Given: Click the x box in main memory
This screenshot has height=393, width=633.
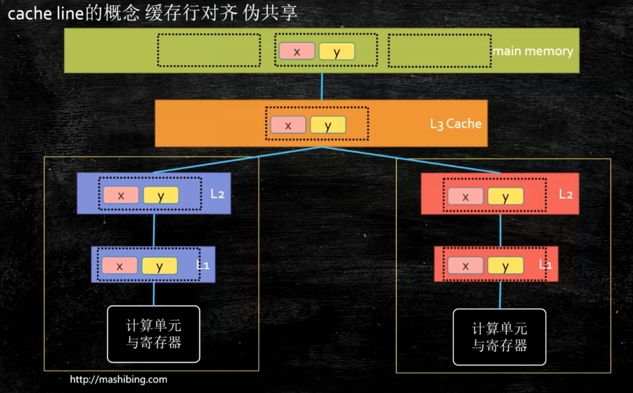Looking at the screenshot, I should pyautogui.click(x=297, y=51).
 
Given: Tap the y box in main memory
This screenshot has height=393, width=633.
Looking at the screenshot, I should pyautogui.click(x=336, y=51).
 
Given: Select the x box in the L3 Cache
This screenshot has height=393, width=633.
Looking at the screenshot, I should pyautogui.click(x=288, y=125).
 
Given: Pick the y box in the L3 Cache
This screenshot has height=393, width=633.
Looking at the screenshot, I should pyautogui.click(x=328, y=125).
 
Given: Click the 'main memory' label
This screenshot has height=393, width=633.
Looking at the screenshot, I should pyautogui.click(x=533, y=51).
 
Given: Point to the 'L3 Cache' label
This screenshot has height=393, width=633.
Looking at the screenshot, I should pyautogui.click(x=455, y=124).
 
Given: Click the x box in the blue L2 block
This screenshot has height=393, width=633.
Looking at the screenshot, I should pyautogui.click(x=121, y=195).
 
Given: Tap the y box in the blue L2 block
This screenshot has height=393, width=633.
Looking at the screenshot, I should pyautogui.click(x=161, y=195).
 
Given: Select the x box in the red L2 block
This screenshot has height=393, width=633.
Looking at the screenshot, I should pyautogui.click(x=465, y=196).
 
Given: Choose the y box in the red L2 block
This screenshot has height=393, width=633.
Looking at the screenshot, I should pyautogui.click(x=505, y=196).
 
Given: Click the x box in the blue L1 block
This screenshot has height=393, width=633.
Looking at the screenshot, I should pyautogui.click(x=120, y=265).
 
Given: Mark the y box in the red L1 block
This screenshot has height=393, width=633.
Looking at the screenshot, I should pyautogui.click(x=505, y=266).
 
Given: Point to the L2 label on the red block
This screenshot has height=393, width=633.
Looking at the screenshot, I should pyautogui.click(x=566, y=195).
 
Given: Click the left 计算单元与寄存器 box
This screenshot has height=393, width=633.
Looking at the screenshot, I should pyautogui.click(x=154, y=334).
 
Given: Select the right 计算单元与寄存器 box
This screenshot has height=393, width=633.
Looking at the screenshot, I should pyautogui.click(x=499, y=336).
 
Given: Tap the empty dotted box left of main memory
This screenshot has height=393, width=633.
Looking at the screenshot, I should pyautogui.click(x=208, y=50).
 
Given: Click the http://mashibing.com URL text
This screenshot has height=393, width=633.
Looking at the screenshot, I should pyautogui.click(x=119, y=380).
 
